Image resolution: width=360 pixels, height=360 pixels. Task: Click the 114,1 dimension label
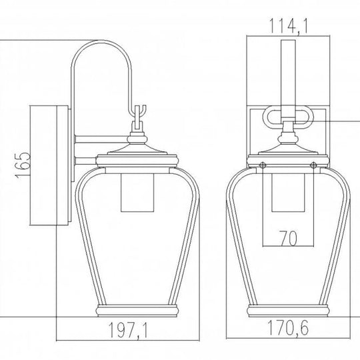point(288,26)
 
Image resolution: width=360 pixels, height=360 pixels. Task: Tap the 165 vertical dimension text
point(23,165)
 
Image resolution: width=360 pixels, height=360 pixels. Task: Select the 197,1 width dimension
point(129,331)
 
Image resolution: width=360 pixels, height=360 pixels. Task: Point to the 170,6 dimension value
point(288,328)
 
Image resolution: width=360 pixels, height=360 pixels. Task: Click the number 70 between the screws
point(288,238)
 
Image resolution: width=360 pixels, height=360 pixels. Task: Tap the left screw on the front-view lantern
point(263,165)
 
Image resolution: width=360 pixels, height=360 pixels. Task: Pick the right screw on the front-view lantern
point(313,165)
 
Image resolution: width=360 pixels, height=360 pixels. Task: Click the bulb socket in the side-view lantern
point(137,193)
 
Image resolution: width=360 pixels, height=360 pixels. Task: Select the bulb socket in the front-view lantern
point(288,193)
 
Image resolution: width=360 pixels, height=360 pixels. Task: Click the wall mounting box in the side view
point(49,165)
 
